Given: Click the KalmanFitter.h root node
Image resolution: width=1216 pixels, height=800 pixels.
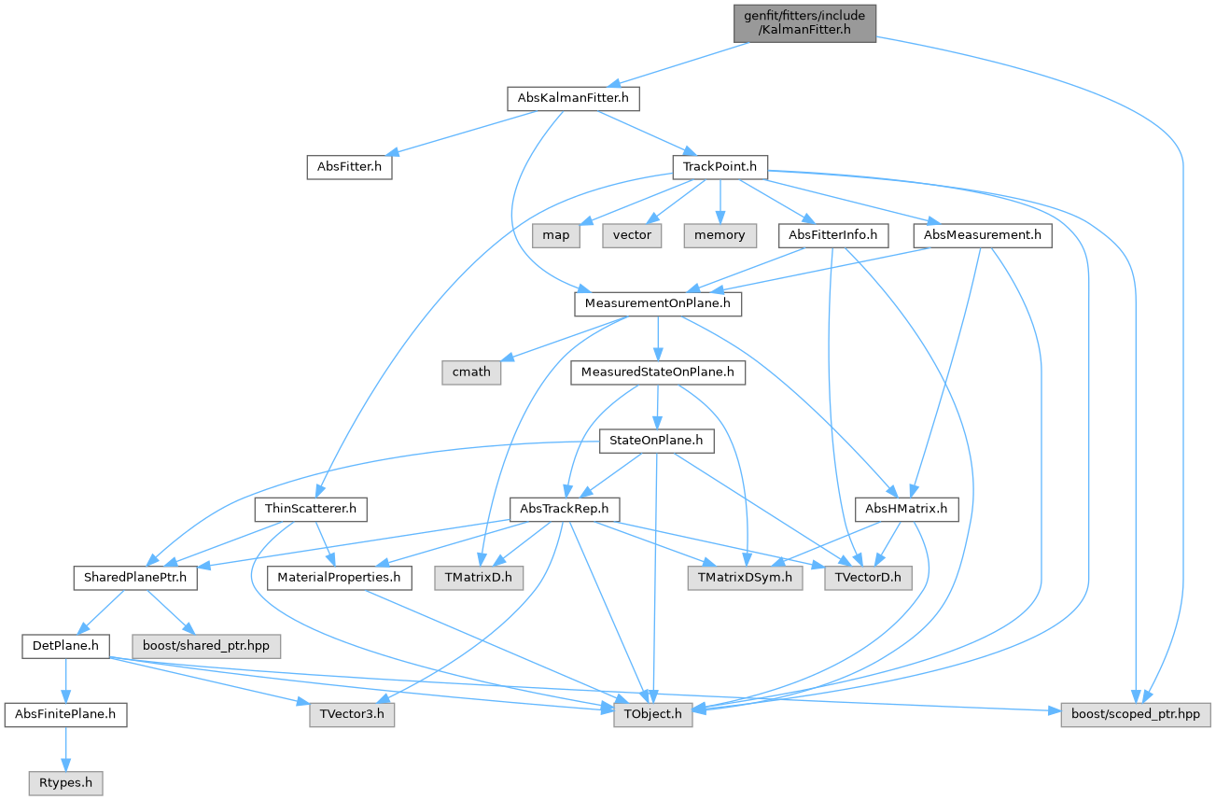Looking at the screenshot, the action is (804, 23).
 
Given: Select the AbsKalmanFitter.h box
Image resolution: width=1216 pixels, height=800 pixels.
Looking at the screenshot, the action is (573, 98).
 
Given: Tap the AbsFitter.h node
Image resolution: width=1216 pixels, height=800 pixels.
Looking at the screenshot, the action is (349, 167).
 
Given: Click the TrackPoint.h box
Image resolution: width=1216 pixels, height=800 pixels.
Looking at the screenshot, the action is (720, 167).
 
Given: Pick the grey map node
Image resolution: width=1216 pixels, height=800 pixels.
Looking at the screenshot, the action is (556, 235).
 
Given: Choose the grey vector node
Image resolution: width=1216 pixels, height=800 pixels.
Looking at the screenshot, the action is (632, 235).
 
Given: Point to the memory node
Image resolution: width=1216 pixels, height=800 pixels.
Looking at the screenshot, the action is (720, 235).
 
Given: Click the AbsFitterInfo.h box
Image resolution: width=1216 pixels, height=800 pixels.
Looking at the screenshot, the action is (833, 235).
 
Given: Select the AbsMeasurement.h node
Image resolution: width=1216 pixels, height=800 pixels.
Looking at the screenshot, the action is (983, 235).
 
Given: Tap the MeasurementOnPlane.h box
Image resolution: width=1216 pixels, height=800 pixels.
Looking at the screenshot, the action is (658, 303).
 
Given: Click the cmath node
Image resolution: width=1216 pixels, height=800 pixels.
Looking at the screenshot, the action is (471, 372).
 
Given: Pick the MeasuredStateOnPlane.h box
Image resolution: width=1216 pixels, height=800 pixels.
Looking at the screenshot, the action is (658, 372).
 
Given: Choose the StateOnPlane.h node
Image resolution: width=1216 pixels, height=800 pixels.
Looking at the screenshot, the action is (656, 441).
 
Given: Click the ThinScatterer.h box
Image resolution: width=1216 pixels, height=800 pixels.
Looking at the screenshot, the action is (311, 510).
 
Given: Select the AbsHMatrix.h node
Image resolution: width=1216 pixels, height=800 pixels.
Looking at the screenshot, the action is (906, 510).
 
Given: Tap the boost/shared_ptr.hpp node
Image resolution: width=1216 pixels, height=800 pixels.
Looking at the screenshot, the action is (206, 646).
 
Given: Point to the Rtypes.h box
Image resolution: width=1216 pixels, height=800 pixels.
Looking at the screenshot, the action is (65, 783).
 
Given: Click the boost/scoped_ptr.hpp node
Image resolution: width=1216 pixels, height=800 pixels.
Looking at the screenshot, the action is (1136, 715).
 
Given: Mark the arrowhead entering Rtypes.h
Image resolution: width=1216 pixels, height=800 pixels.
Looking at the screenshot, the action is (65, 765).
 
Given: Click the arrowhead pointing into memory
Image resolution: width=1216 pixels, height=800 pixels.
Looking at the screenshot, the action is (720, 218).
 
